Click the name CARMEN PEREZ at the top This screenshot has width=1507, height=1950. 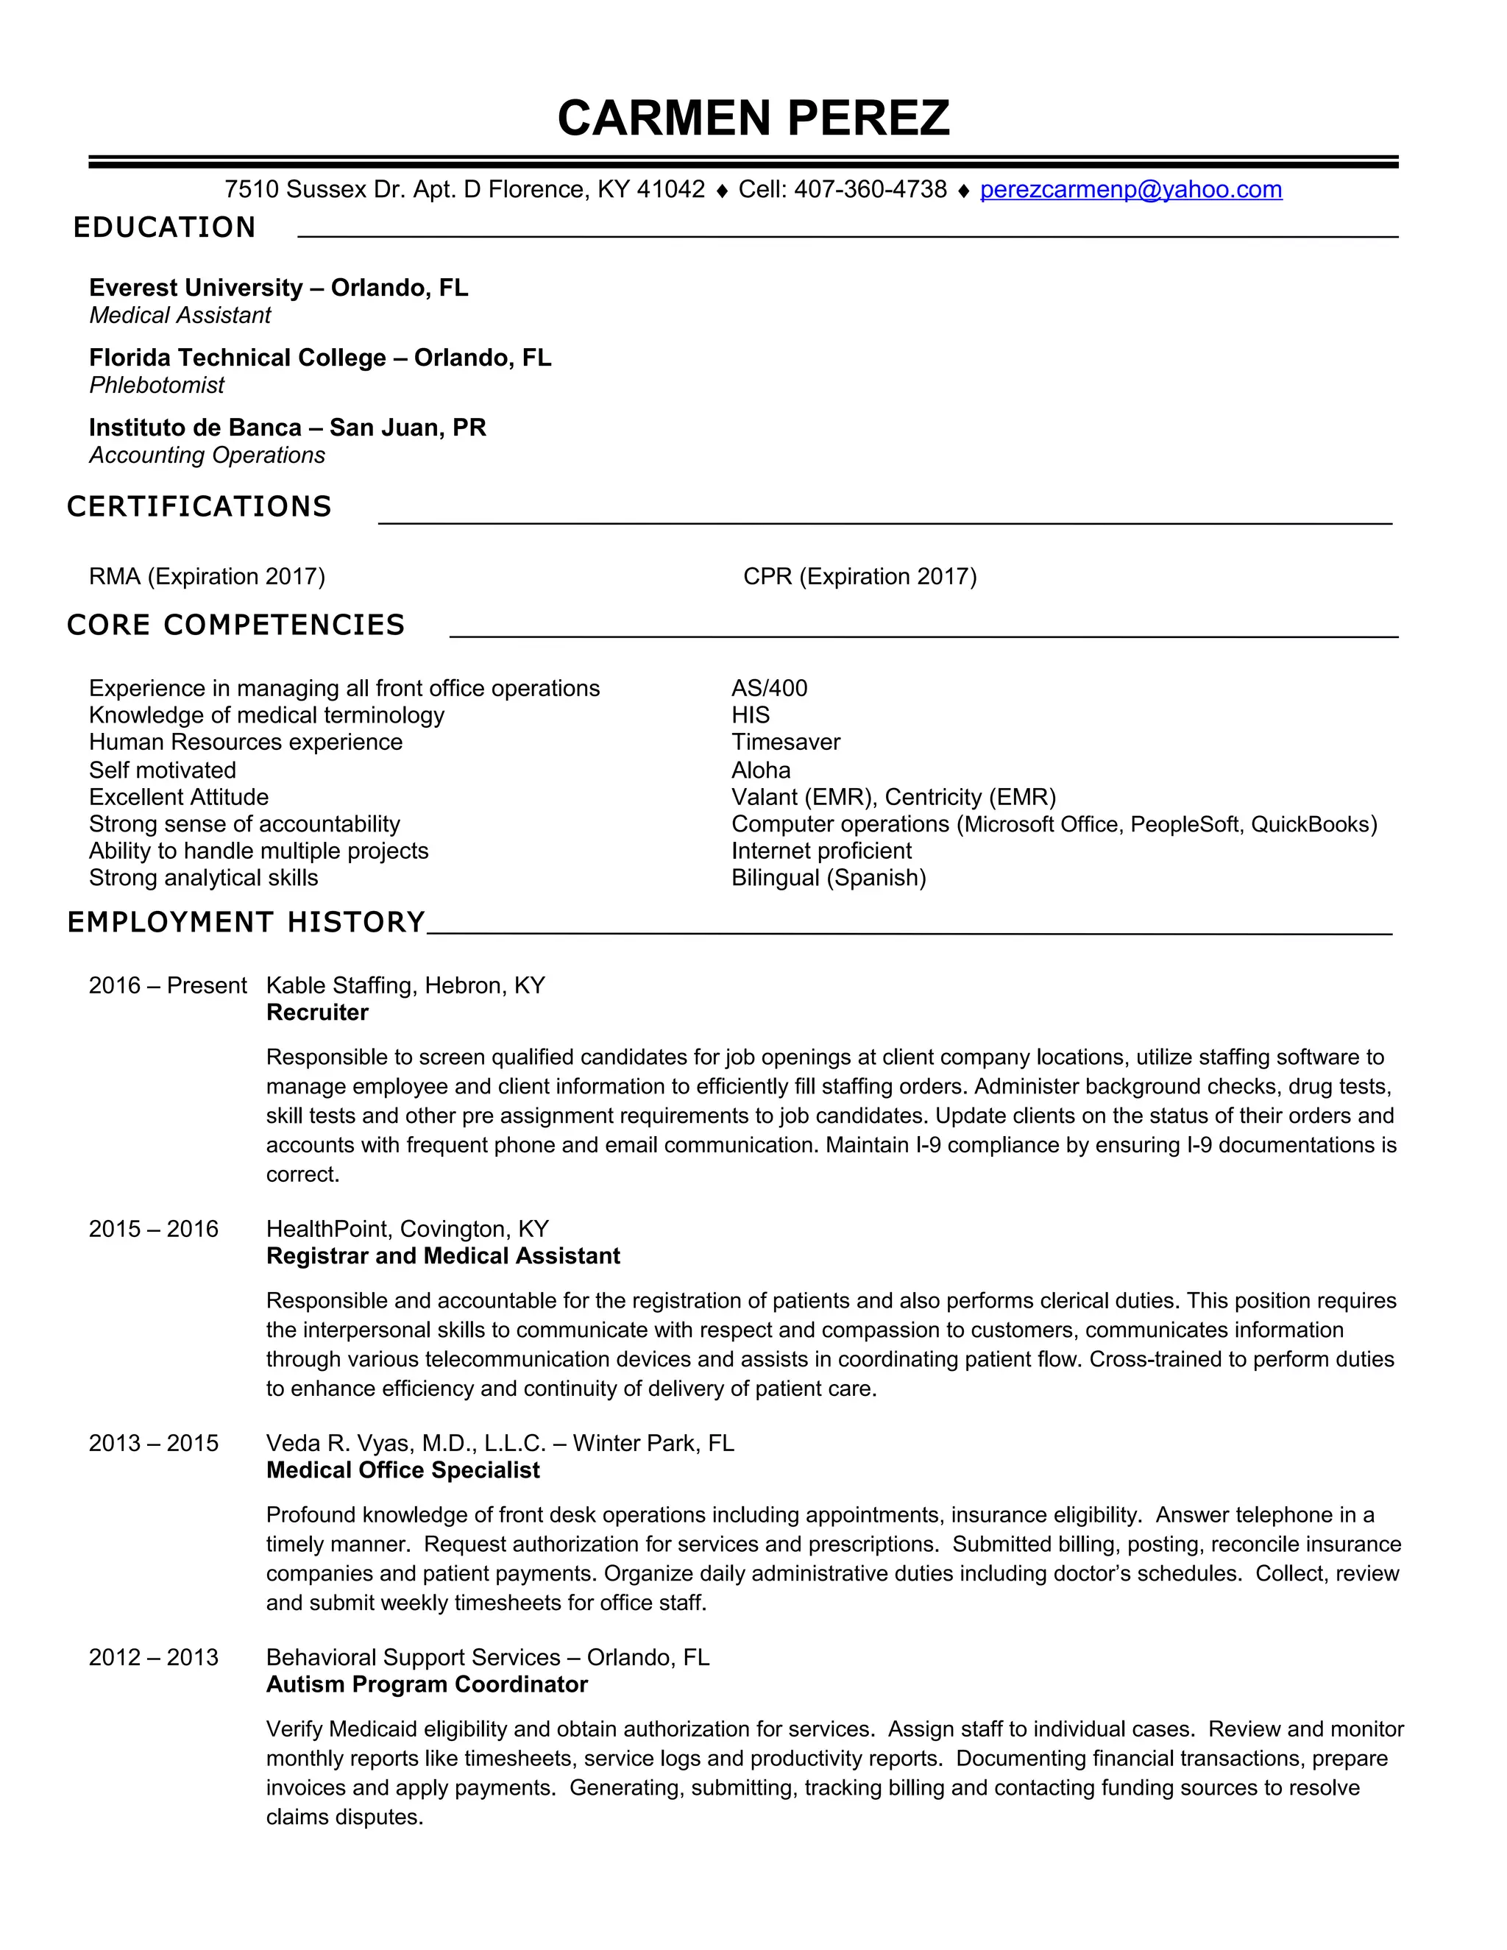(x=753, y=118)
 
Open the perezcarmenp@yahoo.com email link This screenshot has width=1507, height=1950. (x=1130, y=189)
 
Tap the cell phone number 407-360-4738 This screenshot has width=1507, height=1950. (x=870, y=189)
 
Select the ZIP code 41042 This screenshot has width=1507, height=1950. (x=670, y=189)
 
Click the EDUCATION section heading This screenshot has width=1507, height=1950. (x=164, y=227)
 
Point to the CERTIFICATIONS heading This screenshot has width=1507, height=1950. (x=199, y=506)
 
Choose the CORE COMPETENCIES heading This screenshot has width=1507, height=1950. (x=235, y=625)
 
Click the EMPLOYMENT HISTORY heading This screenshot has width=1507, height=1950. (x=247, y=921)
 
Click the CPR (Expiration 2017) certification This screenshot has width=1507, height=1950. (x=859, y=576)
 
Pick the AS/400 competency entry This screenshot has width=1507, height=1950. (x=769, y=689)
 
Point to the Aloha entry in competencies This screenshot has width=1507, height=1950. (x=761, y=770)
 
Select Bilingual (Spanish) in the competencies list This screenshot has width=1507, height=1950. (x=829, y=878)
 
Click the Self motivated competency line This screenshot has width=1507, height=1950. (x=163, y=770)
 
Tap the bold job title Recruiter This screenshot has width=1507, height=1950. (x=317, y=1013)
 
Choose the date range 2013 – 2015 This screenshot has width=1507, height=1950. (x=154, y=1443)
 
